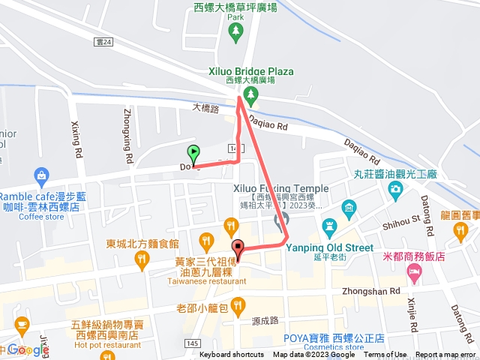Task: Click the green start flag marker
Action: pyautogui.click(x=193, y=153)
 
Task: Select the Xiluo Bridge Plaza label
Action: pyautogui.click(x=250, y=72)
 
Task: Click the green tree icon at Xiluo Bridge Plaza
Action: pyautogui.click(x=250, y=95)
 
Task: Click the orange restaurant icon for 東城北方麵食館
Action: pyautogui.click(x=140, y=260)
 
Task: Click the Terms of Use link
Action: pyautogui.click(x=385, y=355)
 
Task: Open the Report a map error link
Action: pyautogui.click(x=445, y=355)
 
